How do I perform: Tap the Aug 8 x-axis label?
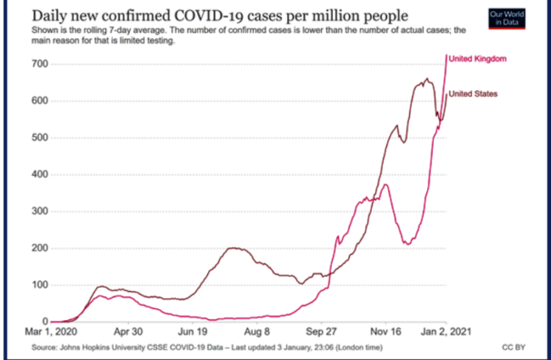click(257, 332)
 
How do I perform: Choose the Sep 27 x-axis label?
click(321, 332)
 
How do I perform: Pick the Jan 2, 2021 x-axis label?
click(447, 332)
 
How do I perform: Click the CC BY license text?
click(513, 345)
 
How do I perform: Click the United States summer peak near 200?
click(234, 248)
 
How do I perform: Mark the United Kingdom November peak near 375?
click(385, 184)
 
